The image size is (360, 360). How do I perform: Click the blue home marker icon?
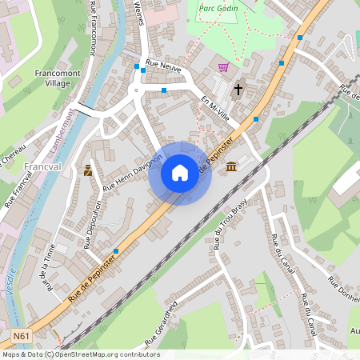click(x=180, y=173)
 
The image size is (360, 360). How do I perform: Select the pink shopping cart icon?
click(x=223, y=67)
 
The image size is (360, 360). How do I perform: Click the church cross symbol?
click(x=238, y=90)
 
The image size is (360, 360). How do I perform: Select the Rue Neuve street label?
click(x=164, y=73)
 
